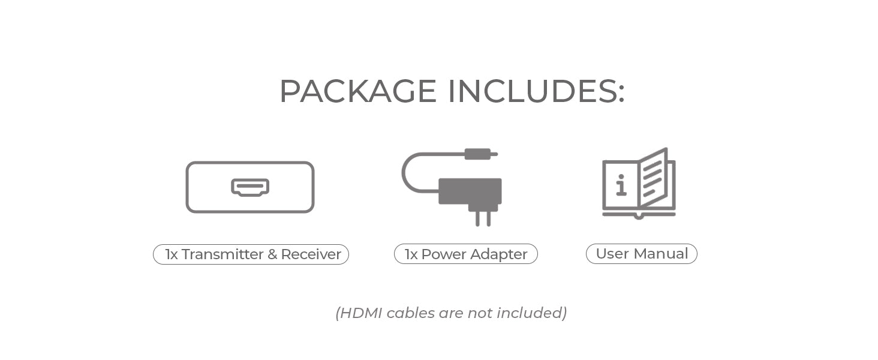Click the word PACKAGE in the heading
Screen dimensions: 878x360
358,91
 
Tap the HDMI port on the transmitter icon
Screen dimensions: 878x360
250,187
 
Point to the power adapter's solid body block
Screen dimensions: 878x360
470,191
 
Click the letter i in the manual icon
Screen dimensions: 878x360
621,185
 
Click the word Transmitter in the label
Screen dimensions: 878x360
222,254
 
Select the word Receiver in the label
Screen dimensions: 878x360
311,254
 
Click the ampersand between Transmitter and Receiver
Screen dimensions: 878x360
272,254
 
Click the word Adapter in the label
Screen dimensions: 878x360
498,255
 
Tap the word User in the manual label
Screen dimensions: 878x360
614,254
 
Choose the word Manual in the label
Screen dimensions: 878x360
661,254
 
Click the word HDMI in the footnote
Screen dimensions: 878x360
360,313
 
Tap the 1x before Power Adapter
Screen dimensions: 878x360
411,254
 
